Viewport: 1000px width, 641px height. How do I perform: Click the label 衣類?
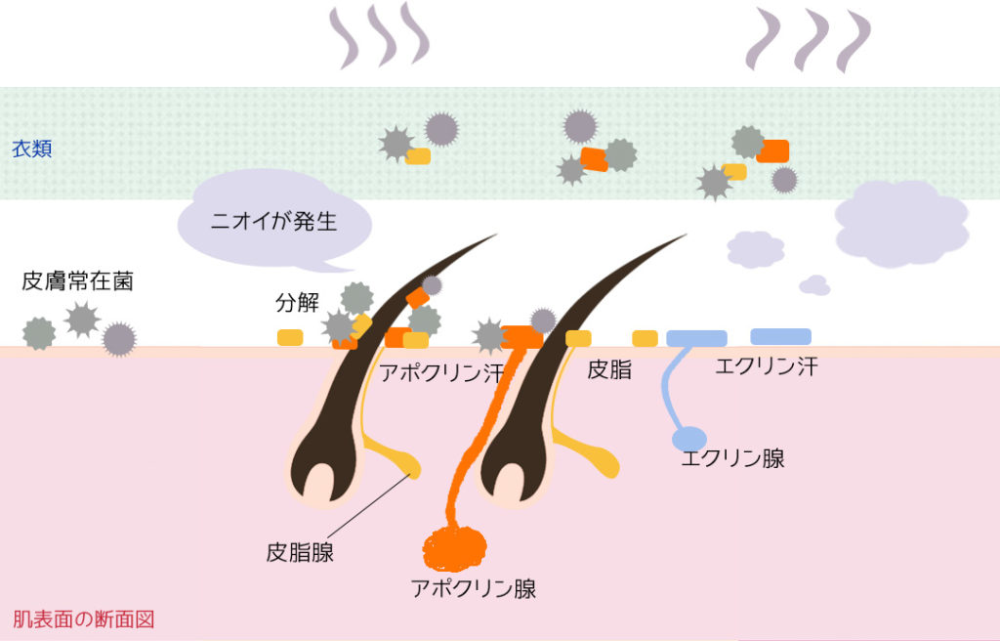click(32, 149)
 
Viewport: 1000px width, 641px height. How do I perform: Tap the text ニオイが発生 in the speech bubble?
click(273, 222)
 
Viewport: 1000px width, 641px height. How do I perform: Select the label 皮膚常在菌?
click(77, 280)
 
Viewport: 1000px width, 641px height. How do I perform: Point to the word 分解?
click(297, 303)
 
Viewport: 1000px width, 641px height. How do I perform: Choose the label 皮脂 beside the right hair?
click(609, 369)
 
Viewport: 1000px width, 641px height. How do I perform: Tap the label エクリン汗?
click(766, 366)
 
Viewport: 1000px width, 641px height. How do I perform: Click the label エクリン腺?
click(732, 458)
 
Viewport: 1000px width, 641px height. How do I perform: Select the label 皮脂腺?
click(300, 552)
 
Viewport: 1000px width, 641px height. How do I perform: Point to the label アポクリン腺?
click(474, 588)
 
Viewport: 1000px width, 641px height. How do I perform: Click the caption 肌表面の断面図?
click(84, 620)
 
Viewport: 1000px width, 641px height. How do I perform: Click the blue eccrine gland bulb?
click(689, 440)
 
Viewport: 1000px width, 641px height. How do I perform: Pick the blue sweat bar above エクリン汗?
click(780, 336)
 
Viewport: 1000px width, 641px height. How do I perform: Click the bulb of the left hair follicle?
click(322, 469)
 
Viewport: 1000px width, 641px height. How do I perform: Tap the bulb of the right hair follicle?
click(513, 469)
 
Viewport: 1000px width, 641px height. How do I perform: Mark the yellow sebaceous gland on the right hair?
click(593, 454)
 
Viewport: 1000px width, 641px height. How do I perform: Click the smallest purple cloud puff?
click(815, 286)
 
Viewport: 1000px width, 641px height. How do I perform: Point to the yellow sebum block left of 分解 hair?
click(290, 337)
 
